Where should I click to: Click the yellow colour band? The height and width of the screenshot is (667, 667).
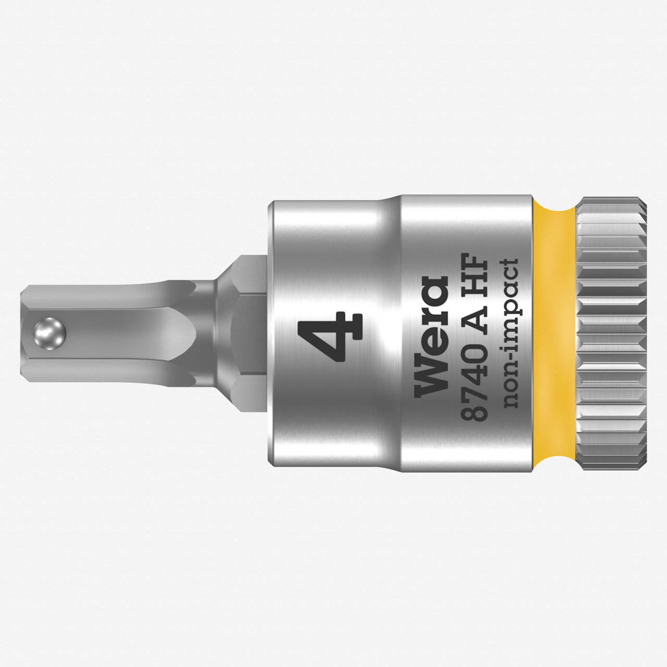[x=555, y=333]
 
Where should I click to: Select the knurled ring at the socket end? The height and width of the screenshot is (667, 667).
[x=612, y=333]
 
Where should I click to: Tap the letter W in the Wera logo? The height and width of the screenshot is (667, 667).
[x=431, y=379]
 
